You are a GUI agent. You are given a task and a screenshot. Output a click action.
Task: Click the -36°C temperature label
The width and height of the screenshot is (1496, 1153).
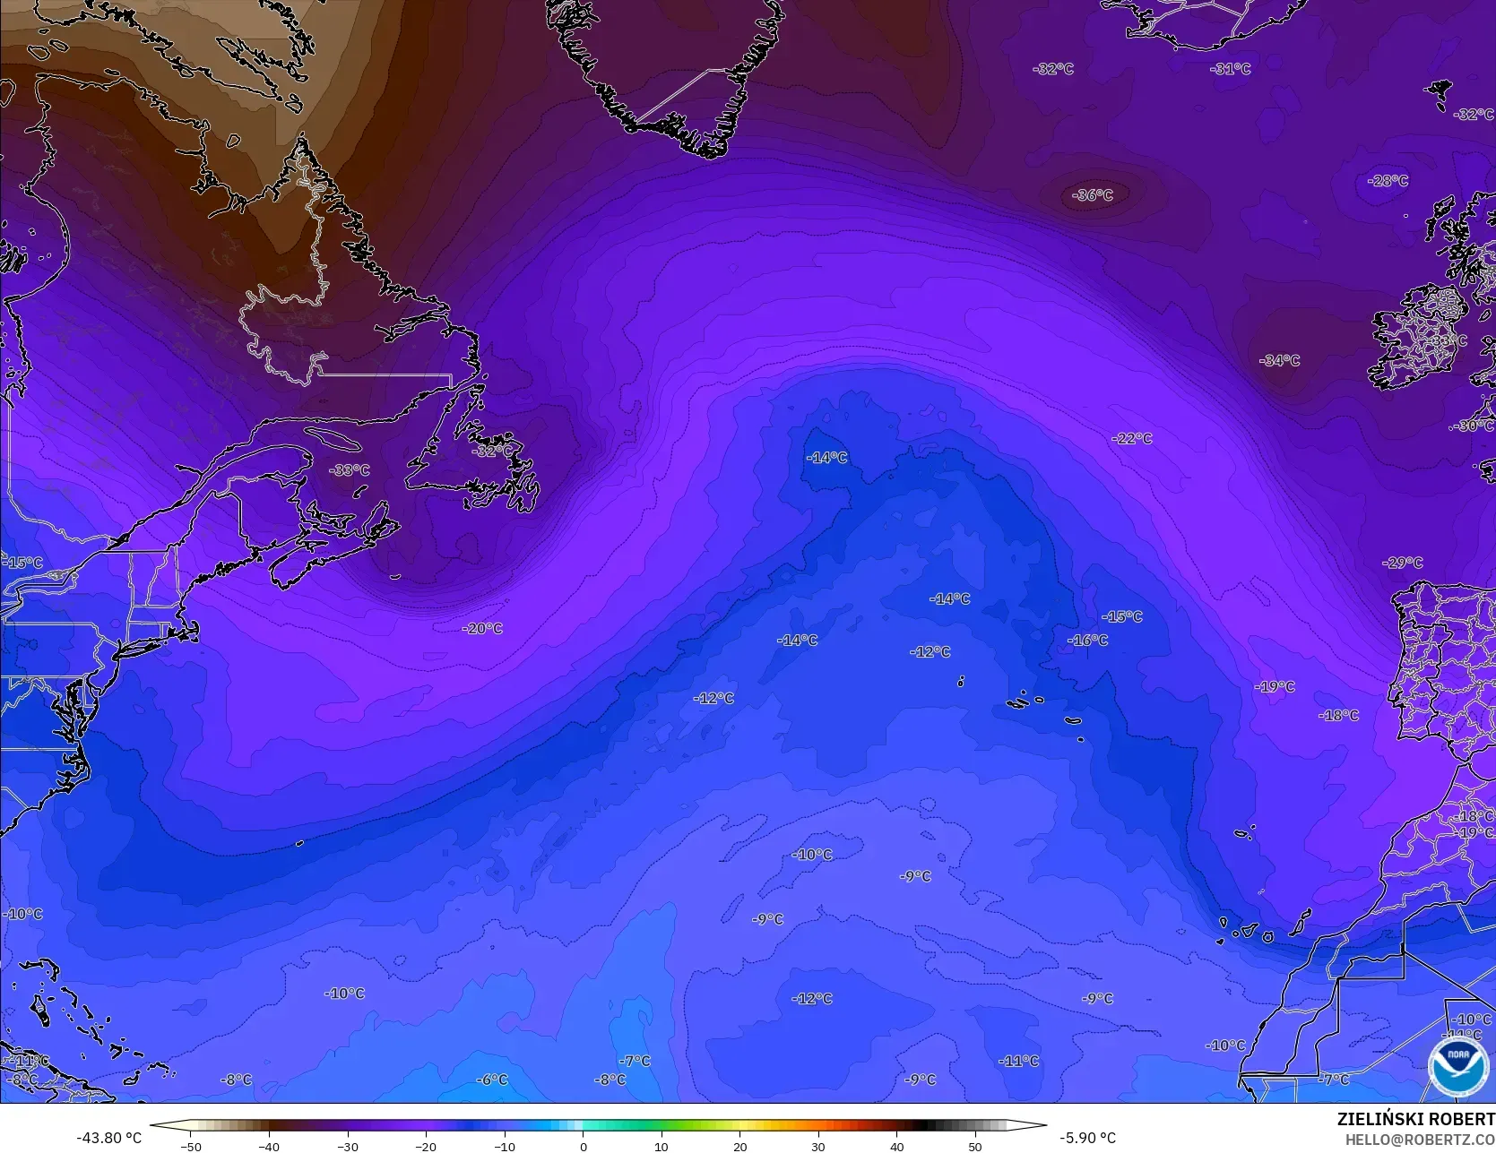pyautogui.click(x=1093, y=195)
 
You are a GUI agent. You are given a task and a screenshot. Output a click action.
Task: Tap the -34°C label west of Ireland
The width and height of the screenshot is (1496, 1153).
pyautogui.click(x=1279, y=361)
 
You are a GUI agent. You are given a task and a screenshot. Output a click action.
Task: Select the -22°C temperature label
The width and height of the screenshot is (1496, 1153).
pyautogui.click(x=1132, y=438)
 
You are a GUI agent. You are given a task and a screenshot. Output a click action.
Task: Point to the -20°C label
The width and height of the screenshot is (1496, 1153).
pyautogui.click(x=482, y=629)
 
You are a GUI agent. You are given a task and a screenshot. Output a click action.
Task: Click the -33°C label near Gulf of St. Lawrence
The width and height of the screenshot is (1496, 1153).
pyautogui.click(x=349, y=470)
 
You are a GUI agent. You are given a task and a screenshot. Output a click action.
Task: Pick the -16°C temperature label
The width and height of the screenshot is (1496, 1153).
pyautogui.click(x=1088, y=641)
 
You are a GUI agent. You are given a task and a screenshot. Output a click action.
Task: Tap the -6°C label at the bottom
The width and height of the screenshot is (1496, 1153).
pyautogui.click(x=491, y=1080)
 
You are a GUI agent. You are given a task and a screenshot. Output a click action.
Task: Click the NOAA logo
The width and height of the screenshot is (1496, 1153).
pyautogui.click(x=1457, y=1067)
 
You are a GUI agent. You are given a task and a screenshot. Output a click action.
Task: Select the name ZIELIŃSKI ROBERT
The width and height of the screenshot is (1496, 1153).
pyautogui.click(x=1415, y=1119)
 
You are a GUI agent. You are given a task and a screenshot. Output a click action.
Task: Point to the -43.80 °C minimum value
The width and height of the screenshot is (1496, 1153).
pyautogui.click(x=109, y=1138)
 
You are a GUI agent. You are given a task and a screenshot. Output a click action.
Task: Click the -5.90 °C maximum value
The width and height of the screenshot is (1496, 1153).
pyautogui.click(x=1087, y=1138)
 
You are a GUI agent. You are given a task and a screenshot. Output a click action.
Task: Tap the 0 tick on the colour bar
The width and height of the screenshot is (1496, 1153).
pyautogui.click(x=584, y=1146)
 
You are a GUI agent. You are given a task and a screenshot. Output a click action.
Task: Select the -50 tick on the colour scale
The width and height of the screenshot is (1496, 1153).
pyautogui.click(x=190, y=1146)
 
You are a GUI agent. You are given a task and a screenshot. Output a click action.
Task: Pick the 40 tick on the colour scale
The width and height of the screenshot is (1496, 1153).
pyautogui.click(x=897, y=1146)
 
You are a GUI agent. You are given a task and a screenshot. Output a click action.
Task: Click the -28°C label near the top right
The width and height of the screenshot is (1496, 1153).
pyautogui.click(x=1388, y=181)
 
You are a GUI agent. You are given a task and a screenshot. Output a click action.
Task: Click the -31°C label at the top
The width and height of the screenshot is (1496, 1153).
pyautogui.click(x=1231, y=69)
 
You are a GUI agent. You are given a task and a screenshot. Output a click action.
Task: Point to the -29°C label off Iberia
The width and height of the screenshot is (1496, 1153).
pyautogui.click(x=1403, y=564)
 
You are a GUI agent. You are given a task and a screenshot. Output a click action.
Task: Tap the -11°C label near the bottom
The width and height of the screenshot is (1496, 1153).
pyautogui.click(x=1019, y=1062)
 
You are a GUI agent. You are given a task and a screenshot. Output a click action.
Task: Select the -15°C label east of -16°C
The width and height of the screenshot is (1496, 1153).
pyautogui.click(x=1122, y=617)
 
